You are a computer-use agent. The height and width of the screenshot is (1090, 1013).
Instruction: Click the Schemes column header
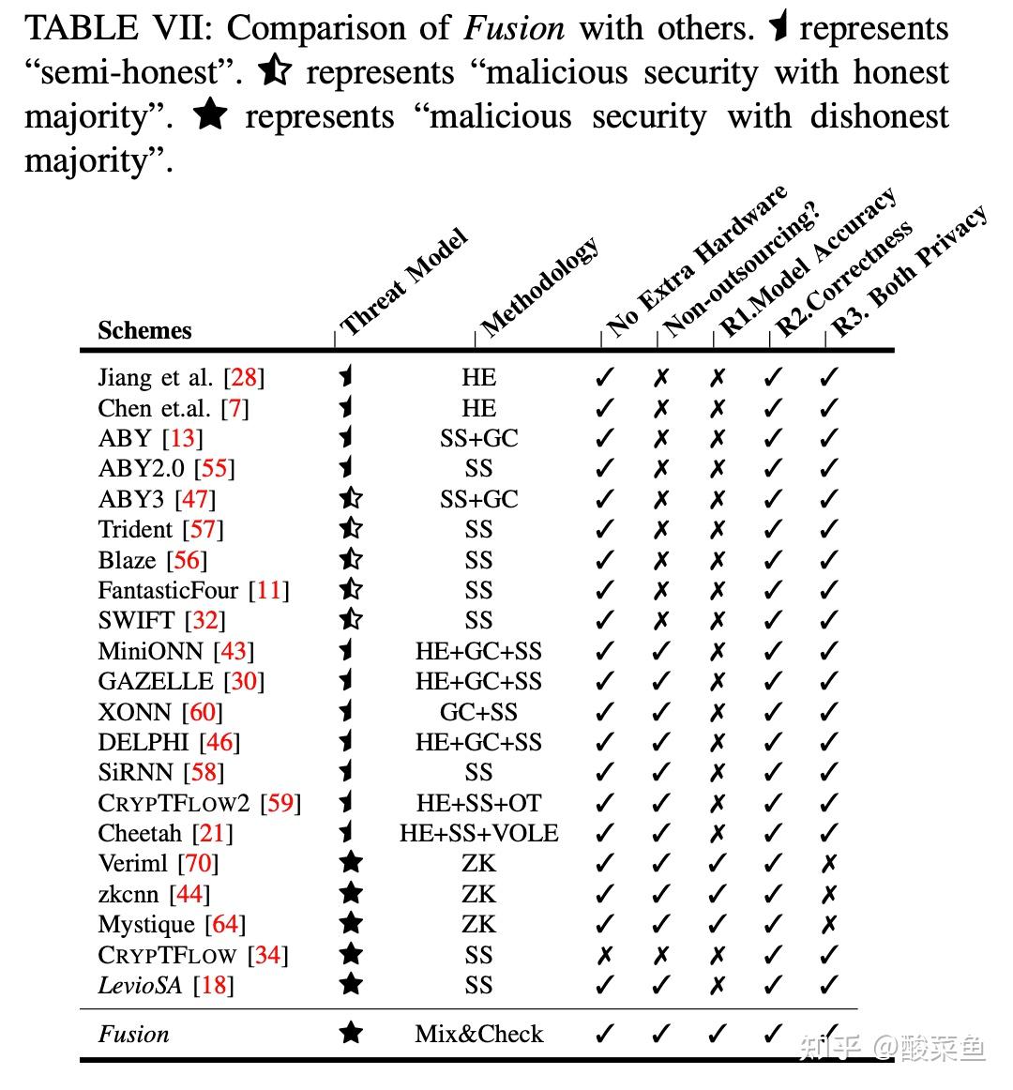click(144, 330)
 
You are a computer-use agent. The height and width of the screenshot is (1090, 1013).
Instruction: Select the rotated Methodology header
click(539, 286)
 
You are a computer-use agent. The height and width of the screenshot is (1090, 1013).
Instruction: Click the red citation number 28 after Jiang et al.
click(244, 377)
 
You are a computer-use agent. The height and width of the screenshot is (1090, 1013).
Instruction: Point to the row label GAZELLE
click(156, 681)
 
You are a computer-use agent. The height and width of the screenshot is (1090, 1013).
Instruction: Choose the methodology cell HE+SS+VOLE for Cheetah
click(478, 833)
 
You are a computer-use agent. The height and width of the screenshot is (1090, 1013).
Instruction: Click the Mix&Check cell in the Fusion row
click(478, 1034)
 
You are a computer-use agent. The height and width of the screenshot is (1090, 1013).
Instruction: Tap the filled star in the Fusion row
click(351, 1033)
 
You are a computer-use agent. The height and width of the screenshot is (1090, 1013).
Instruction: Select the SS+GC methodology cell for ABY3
click(478, 499)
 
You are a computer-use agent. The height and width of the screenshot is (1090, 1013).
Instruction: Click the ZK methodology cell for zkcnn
click(478, 894)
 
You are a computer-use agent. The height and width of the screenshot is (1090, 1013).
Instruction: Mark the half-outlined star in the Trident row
click(351, 529)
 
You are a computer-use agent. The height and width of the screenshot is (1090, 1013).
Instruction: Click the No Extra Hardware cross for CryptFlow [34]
click(605, 955)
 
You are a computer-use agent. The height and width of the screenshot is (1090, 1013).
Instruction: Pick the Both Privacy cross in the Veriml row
click(828, 863)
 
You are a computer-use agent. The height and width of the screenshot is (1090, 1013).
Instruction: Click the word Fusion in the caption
click(514, 28)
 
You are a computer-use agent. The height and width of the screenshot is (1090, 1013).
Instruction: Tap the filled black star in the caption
click(210, 115)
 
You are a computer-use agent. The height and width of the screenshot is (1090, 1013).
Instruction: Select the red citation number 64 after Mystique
click(225, 924)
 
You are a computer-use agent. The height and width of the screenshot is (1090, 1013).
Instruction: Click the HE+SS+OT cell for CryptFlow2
click(478, 803)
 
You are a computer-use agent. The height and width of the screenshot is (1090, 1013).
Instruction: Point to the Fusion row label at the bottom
click(134, 1034)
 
